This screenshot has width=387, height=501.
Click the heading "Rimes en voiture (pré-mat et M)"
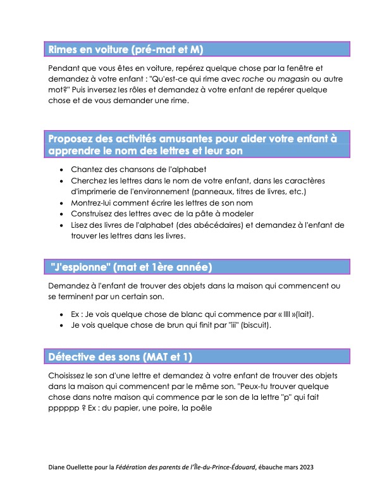tap(127, 49)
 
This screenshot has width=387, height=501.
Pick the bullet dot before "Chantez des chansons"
tap(61, 170)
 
